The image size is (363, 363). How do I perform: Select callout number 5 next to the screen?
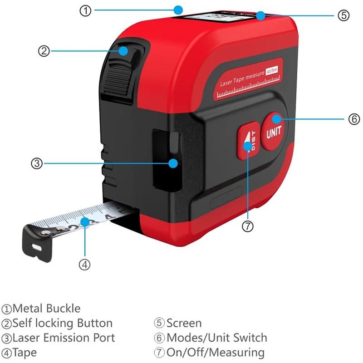(343, 15)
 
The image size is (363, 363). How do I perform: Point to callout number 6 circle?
(353, 119)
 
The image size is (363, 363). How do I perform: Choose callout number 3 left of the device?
(37, 163)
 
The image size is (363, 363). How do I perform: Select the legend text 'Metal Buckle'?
(46, 309)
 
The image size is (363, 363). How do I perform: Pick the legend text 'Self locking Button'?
(63, 323)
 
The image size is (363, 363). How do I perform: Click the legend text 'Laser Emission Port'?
(64, 338)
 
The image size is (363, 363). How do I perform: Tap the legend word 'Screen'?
(184, 323)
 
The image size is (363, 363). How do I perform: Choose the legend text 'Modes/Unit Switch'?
(217, 338)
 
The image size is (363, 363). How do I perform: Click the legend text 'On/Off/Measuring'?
(216, 352)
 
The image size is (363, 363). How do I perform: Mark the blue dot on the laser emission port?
(172, 163)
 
